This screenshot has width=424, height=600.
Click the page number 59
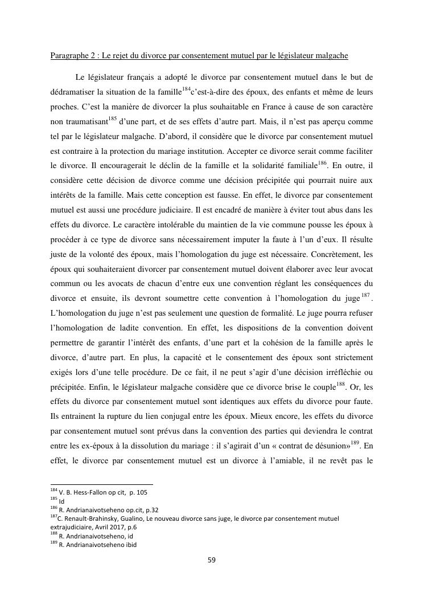212,560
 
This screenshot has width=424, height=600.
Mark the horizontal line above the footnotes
102,484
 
